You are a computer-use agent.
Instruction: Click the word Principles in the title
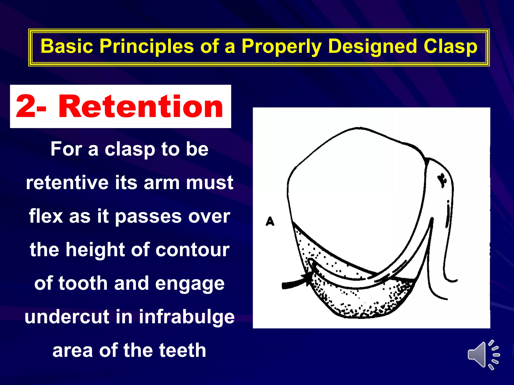pyautogui.click(x=147, y=47)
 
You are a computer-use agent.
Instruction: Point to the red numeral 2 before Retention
pyautogui.click(x=25, y=107)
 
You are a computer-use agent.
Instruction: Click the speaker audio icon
pyautogui.click(x=483, y=355)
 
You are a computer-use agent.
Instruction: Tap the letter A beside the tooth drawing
pyautogui.click(x=270, y=222)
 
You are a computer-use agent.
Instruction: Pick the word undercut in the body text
pyautogui.click(x=67, y=317)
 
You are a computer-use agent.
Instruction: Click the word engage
pyautogui.click(x=189, y=283)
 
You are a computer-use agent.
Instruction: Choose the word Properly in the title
pyautogui.click(x=281, y=47)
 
